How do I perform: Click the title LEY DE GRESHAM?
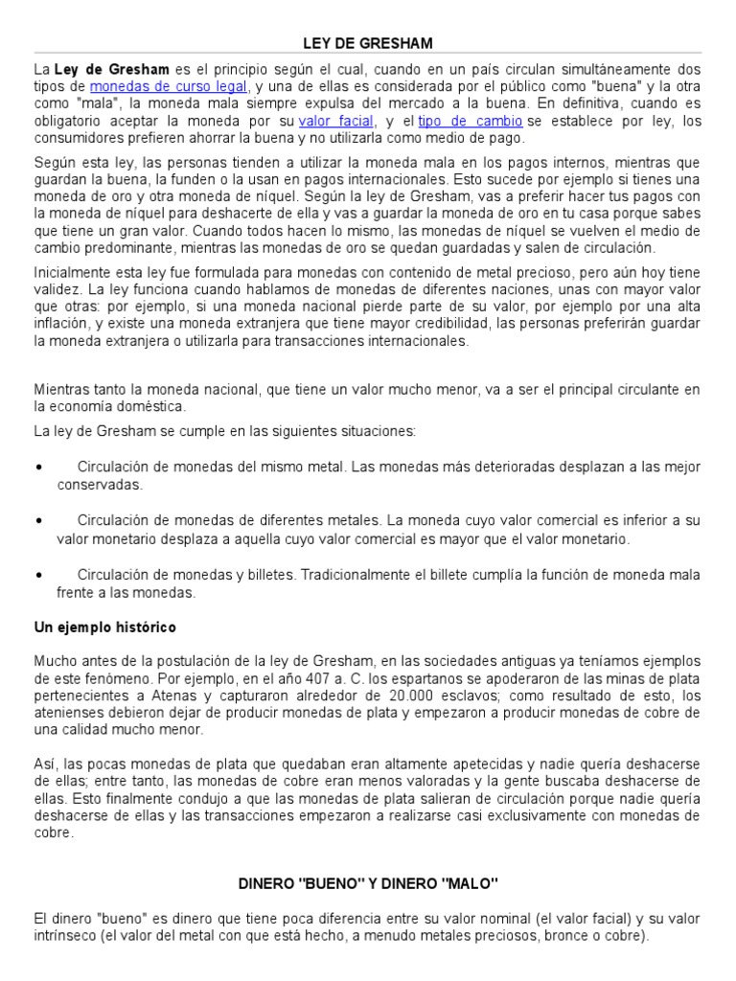[368, 43]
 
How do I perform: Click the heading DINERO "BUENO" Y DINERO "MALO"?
[368, 881]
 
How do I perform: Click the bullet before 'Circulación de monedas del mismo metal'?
[37, 468]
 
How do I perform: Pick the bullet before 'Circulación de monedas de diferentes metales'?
[37, 522]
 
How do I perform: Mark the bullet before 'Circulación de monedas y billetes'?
[37, 576]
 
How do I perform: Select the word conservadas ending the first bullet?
[99, 485]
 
